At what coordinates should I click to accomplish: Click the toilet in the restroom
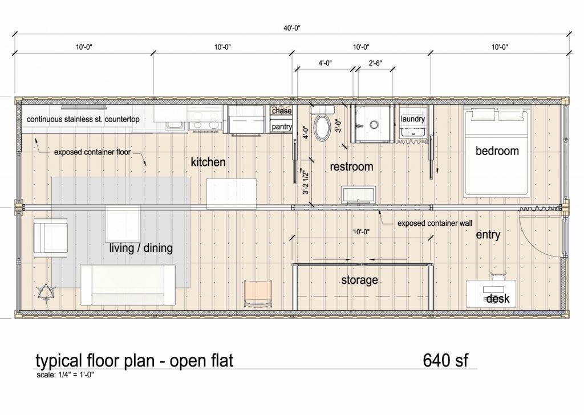(x=322, y=127)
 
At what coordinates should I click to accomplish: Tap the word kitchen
(x=208, y=162)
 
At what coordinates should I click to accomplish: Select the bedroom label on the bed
(x=497, y=151)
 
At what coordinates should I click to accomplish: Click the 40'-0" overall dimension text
(x=292, y=27)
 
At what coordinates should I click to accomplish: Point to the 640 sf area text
(x=445, y=361)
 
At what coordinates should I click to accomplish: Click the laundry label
(x=413, y=119)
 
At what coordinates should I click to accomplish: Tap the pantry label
(x=282, y=126)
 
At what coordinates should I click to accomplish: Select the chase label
(x=282, y=111)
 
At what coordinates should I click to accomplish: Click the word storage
(x=359, y=280)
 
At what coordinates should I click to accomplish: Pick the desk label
(x=498, y=299)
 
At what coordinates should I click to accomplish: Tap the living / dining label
(x=141, y=249)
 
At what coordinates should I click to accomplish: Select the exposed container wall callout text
(x=434, y=223)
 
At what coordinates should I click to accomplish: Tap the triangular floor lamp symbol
(x=44, y=293)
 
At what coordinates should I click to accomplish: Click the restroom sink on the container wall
(x=358, y=195)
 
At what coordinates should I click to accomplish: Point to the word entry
(x=488, y=234)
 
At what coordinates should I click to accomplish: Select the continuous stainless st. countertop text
(x=83, y=120)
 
